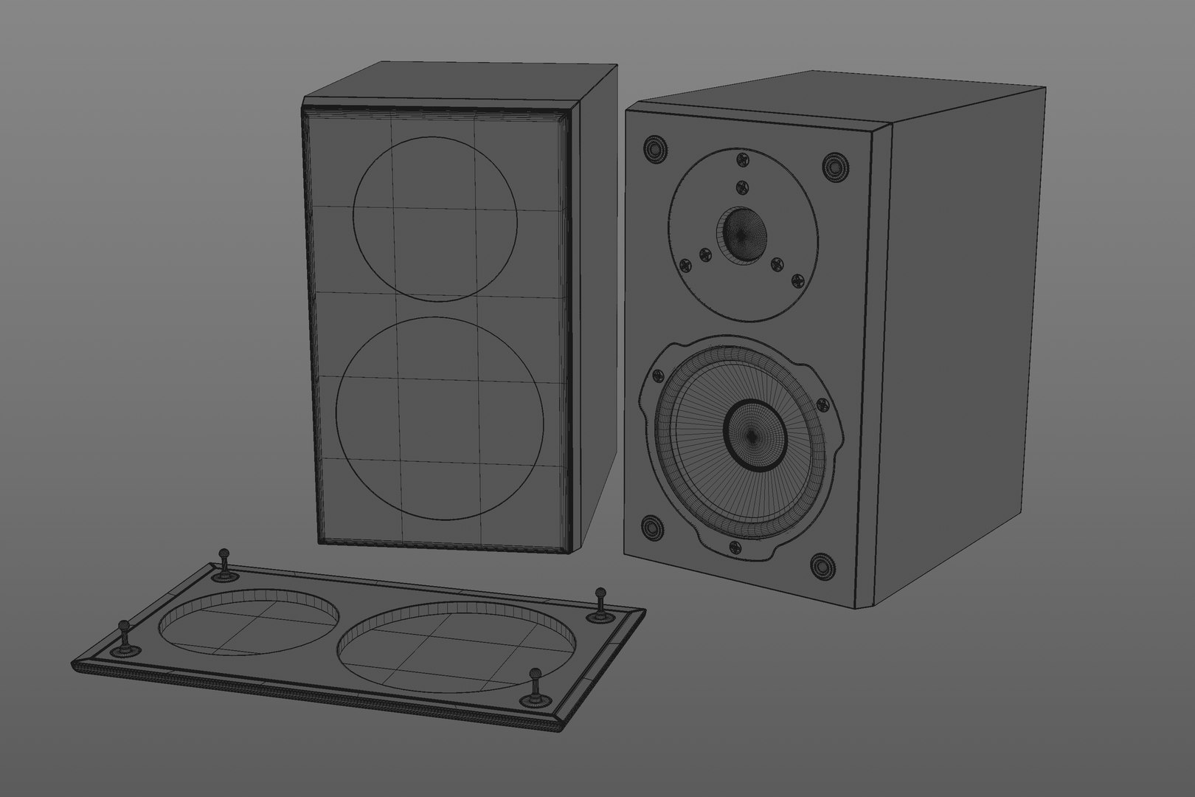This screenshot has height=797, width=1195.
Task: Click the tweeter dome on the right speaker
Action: click(741, 234)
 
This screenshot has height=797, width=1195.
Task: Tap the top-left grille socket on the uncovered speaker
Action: click(654, 150)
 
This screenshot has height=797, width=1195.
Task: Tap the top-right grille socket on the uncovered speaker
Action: click(834, 167)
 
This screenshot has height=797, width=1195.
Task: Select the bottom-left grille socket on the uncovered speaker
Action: click(651, 528)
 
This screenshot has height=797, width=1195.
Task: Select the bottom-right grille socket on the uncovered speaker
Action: click(820, 567)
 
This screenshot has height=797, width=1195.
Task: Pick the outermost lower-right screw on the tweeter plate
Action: click(797, 280)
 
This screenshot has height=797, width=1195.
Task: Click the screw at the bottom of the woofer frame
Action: click(734, 547)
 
